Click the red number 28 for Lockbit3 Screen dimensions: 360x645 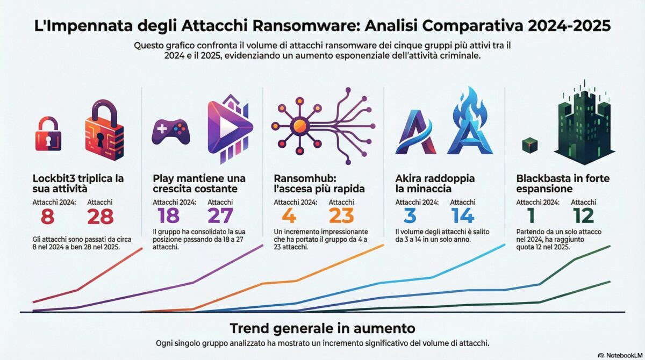[100, 216]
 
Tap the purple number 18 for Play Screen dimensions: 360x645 [168, 216]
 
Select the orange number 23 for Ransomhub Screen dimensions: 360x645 [341, 216]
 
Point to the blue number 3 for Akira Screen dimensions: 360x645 [409, 216]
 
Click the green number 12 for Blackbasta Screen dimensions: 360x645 [583, 216]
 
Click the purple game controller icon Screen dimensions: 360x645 [169, 132]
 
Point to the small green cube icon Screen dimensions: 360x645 [530, 143]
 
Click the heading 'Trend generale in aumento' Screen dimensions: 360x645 [322, 328]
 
